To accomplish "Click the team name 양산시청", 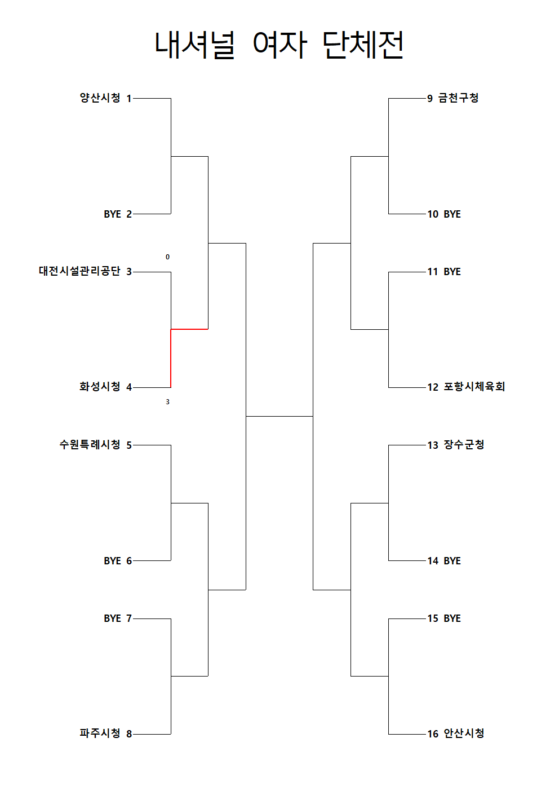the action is [100, 98].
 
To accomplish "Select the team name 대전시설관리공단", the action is [79, 271].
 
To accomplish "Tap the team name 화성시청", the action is [100, 387].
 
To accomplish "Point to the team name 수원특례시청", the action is [90, 445].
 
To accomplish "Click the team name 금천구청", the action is [458, 98].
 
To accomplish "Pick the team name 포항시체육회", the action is [474, 387].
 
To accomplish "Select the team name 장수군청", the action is [464, 445].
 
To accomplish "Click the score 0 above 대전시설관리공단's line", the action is [167, 257].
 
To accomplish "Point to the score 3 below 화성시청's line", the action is [167, 402].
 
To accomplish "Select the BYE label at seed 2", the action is [112, 214].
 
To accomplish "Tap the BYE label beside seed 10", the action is [452, 214].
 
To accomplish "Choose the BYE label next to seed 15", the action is [452, 618].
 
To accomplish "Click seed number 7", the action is [129, 618].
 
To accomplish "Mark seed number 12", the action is [433, 387].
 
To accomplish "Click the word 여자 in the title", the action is [280, 45].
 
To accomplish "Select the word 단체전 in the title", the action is [363, 45].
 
